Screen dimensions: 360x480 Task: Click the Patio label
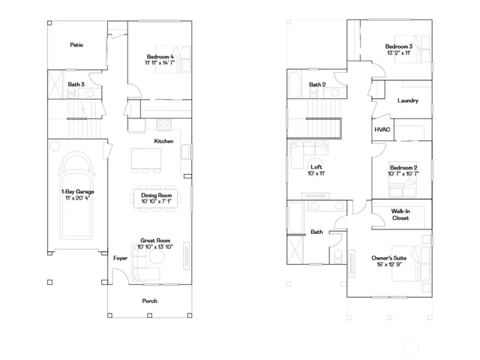click(76, 45)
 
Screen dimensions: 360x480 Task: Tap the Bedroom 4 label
click(160, 60)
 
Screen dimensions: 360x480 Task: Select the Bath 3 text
click(76, 85)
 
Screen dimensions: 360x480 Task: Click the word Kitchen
click(163, 141)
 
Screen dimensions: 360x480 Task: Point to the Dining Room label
click(157, 197)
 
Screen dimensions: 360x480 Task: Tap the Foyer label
click(120, 257)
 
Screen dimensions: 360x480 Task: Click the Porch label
click(151, 301)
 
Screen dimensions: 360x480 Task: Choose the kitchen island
click(147, 158)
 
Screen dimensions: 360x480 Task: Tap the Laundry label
click(407, 100)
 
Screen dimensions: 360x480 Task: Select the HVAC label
click(382, 130)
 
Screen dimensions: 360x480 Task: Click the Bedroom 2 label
click(403, 170)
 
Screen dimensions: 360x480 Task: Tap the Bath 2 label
click(317, 85)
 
